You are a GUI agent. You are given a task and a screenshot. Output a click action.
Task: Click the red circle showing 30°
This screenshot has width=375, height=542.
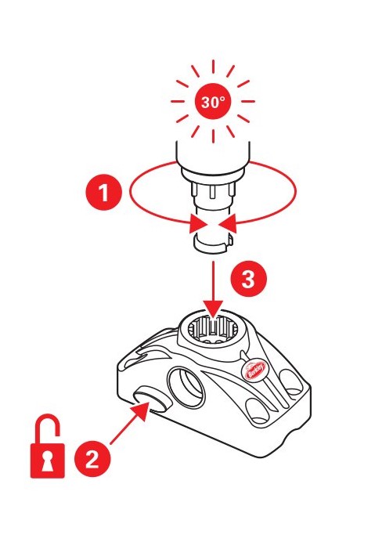213,101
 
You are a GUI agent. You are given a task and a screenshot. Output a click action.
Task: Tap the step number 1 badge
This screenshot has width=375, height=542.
103,192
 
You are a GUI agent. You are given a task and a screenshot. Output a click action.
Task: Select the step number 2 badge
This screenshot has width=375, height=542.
92,460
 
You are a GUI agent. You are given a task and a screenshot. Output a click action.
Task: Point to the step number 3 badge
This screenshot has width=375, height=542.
248,279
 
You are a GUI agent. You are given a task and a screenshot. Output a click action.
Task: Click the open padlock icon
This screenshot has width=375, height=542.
48,446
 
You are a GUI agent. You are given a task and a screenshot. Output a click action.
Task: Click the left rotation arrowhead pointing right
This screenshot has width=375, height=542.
198,224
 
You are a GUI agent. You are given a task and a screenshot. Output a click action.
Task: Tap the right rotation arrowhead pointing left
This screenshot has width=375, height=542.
227,223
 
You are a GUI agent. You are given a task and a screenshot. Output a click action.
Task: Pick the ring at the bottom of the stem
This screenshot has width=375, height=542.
213,244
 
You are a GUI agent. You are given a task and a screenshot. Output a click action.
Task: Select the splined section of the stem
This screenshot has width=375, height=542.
213,193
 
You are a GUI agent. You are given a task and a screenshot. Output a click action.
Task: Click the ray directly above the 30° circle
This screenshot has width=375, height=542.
213,67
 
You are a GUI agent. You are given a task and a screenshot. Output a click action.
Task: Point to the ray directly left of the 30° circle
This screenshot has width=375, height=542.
178,102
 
